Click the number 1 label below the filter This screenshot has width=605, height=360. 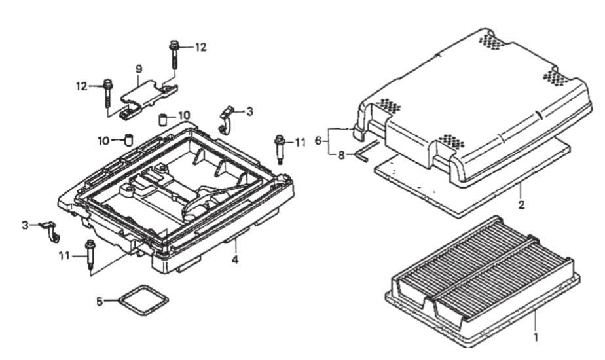[x=536, y=338]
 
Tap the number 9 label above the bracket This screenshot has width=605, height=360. [x=139, y=69]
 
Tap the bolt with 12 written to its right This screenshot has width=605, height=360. [x=175, y=56]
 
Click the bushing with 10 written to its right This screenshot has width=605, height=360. [x=164, y=120]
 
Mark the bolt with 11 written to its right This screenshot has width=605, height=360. [x=281, y=150]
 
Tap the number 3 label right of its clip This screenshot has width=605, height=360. [x=249, y=112]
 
